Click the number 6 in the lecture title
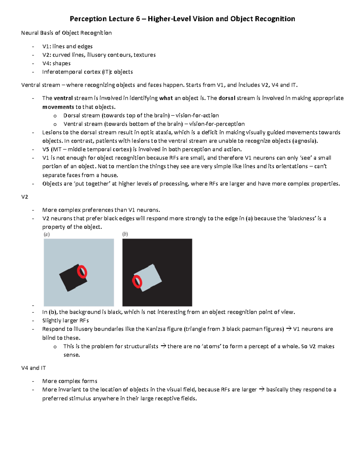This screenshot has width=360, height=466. tap(137, 19)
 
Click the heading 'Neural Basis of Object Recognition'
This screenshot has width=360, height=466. tap(66, 33)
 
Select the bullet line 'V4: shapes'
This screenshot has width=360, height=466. tap(56, 63)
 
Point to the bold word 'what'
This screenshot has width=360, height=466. tap(166, 98)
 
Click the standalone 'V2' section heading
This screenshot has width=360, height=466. tap(25, 197)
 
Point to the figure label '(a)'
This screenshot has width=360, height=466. tap(47, 234)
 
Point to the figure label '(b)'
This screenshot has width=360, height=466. tap(125, 234)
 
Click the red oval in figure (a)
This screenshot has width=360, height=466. tap(82, 272)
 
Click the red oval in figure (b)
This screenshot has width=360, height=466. tap(137, 281)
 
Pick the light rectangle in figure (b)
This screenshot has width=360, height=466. tap(150, 278)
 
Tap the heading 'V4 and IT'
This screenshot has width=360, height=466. tap(34, 368)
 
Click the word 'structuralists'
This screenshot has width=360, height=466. tap(141, 346)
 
